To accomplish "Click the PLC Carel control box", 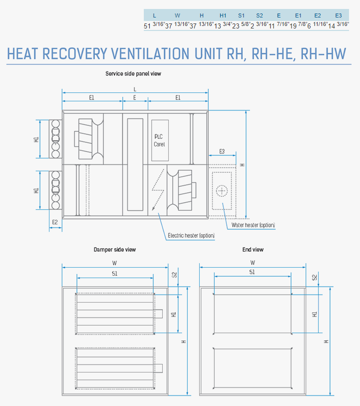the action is point(160,140).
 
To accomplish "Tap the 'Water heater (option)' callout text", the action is point(253,225).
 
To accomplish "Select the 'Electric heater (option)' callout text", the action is point(191,235).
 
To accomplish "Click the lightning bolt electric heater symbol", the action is point(158,190).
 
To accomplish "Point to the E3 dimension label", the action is point(222,151).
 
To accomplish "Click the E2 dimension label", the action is point(55,222).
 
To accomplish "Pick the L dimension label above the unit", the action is point(135,89).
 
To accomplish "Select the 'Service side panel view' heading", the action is point(133,73).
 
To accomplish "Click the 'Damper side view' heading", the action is point(115,250).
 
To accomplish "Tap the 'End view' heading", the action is point(253,250).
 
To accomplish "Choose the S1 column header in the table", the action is point(241,15).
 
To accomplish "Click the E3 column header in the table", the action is point(339,15).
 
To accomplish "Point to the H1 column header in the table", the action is point(223,15).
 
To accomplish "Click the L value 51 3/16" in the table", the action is point(154,25).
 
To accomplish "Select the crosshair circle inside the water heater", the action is point(222,191).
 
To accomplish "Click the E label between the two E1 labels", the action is point(135,97).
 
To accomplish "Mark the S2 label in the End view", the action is point(315,278).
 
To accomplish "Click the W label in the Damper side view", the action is point(114,263).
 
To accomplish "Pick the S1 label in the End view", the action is point(252,272).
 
